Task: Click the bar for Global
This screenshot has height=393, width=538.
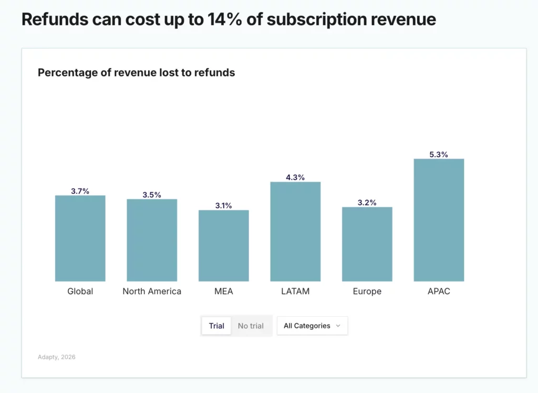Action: [x=80, y=239]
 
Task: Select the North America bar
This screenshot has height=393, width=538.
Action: [x=152, y=240]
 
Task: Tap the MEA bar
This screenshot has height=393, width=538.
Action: [x=223, y=245]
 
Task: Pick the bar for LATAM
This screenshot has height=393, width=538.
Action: [x=295, y=232]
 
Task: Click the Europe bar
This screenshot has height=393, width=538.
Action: [x=367, y=244]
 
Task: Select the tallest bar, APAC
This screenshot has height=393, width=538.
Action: [x=439, y=220]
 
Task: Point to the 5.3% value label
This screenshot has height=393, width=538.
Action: [x=439, y=154]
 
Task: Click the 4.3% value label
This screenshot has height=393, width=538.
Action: [x=295, y=178]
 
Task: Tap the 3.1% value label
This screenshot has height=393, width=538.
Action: [x=223, y=205]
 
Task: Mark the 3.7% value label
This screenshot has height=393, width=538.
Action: [x=80, y=191]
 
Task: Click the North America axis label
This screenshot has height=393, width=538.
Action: [x=152, y=291]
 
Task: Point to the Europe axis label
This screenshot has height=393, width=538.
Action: [x=367, y=291]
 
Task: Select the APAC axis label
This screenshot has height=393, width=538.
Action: [x=439, y=291]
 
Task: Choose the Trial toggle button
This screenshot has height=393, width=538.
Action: [x=216, y=326]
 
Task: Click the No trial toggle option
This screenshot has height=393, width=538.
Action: [x=251, y=326]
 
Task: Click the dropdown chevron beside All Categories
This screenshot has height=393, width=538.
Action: [x=338, y=326]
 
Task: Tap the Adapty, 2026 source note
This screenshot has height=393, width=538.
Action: [x=57, y=357]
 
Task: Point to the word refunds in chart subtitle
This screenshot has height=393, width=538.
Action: [x=214, y=73]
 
